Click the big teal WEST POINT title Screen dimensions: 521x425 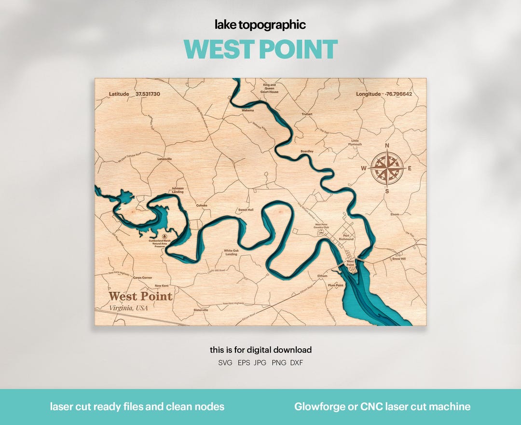(260, 49)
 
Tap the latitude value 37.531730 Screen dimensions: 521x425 (148, 94)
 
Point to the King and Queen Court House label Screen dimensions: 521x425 (270, 88)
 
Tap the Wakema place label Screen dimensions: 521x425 (247, 110)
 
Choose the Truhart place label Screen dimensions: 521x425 (307, 114)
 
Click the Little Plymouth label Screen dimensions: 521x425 (356, 142)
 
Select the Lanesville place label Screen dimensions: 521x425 (165, 159)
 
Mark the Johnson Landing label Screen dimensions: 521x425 (178, 190)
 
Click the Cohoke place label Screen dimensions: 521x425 (202, 206)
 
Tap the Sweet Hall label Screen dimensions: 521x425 (246, 210)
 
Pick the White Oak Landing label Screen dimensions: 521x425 (231, 252)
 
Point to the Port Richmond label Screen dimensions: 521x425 (346, 237)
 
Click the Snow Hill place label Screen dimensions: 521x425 (399, 259)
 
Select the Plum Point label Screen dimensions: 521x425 (336, 285)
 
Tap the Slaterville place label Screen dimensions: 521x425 (200, 310)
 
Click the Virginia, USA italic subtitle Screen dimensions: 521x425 (128, 308)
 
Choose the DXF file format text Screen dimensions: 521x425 (297, 363)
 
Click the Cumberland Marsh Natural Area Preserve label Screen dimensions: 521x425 (160, 243)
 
